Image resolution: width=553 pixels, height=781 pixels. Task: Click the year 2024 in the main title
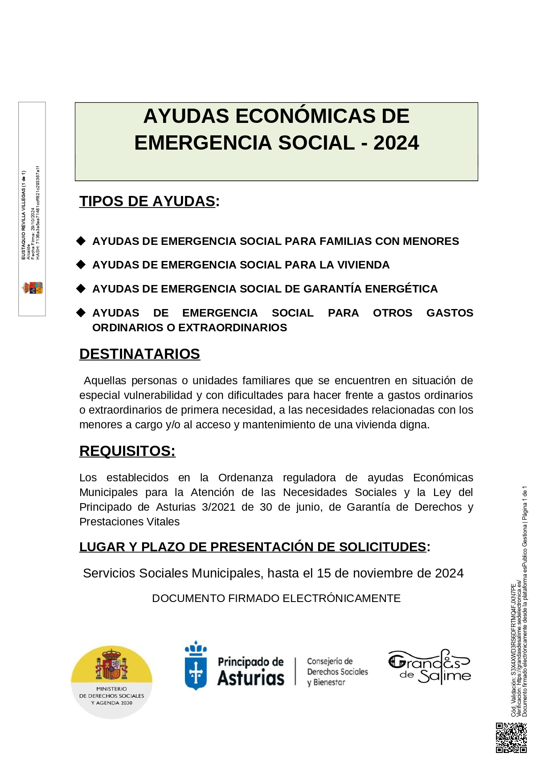[396, 143]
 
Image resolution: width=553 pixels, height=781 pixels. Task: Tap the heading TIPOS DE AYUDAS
[147, 201]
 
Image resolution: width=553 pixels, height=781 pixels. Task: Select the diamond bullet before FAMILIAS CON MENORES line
[81, 241]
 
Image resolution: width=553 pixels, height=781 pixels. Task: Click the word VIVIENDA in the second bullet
[363, 265]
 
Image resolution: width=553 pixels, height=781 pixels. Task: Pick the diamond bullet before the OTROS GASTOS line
[81, 313]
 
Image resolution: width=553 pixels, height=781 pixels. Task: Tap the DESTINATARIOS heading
[139, 354]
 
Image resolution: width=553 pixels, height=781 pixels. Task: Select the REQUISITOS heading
[127, 451]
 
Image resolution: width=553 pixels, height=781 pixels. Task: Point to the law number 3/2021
[218, 507]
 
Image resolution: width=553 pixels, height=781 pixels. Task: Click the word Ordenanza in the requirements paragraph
[246, 478]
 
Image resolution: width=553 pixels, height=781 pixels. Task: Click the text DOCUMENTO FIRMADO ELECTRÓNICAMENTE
[276, 598]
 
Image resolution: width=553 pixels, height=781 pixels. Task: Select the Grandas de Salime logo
[430, 667]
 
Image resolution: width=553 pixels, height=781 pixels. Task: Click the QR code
[511, 738]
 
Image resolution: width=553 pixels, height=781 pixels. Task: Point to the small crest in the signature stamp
[33, 288]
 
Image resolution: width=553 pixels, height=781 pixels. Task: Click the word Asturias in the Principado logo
[251, 678]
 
